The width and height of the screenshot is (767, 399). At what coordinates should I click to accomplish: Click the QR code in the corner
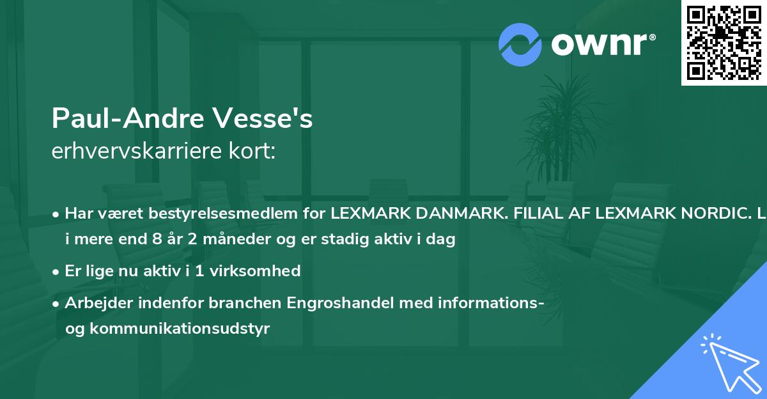(x=724, y=43)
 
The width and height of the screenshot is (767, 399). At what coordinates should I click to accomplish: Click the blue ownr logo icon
(x=520, y=45)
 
